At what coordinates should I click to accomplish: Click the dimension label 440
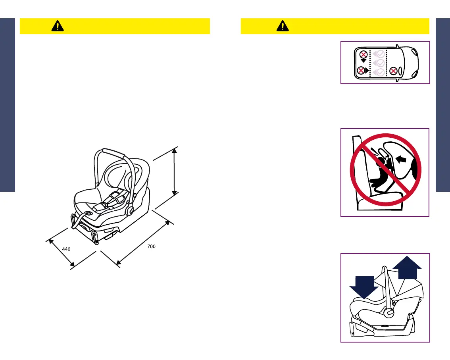point(66,249)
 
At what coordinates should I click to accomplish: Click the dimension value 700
point(151,246)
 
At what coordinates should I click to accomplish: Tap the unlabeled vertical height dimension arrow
point(174,171)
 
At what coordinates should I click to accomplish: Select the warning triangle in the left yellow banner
point(57,26)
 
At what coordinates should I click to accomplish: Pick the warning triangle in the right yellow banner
point(283,26)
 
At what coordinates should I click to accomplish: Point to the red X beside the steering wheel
point(393,71)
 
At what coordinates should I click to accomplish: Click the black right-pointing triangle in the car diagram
point(367,70)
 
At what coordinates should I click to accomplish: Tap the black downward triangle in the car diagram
point(363,61)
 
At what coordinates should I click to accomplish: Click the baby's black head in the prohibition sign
point(381,162)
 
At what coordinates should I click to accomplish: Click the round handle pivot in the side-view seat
point(389,313)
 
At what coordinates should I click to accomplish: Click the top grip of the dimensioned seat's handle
point(114,151)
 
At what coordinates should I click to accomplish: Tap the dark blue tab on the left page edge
point(7,105)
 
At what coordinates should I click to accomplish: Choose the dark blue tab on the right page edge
point(443,105)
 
